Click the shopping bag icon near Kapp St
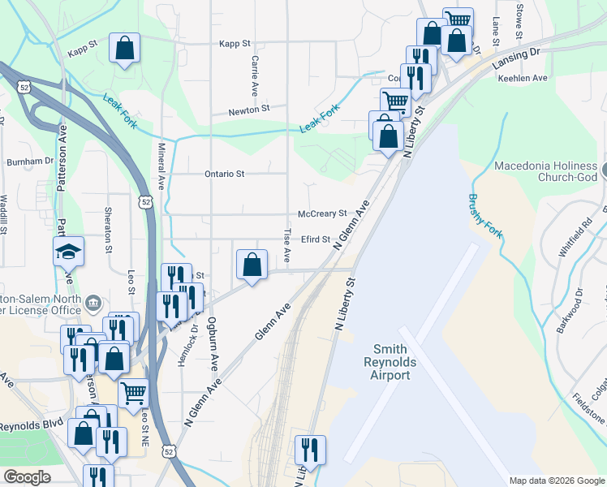pos(124,50)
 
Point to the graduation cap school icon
pos(69,252)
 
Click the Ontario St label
pos(224,174)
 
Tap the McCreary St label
pos(322,214)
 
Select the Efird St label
pos(316,239)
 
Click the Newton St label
pos(248,110)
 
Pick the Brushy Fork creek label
pos(485,217)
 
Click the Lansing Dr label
pos(519,58)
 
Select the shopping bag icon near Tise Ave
pos(252,265)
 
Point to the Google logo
pos(27,477)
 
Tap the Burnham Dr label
pos(30,162)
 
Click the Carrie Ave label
pos(255,74)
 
